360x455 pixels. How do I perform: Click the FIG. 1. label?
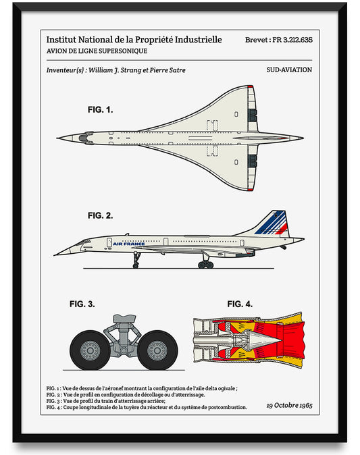tap(100, 109)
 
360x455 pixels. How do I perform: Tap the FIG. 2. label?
tap(100, 216)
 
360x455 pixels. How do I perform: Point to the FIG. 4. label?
tap(239, 304)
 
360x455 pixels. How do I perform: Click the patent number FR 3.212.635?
tap(287, 40)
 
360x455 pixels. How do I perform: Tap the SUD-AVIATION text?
tap(289, 70)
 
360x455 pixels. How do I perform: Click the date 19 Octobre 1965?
tap(289, 406)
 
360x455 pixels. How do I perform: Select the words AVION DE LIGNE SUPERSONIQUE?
tap(97, 51)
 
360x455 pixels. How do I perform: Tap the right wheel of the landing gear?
tap(157, 350)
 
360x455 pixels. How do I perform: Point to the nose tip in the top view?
tap(59, 138)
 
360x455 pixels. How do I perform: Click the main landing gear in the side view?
tap(205, 261)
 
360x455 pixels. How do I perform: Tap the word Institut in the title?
tap(63, 40)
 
